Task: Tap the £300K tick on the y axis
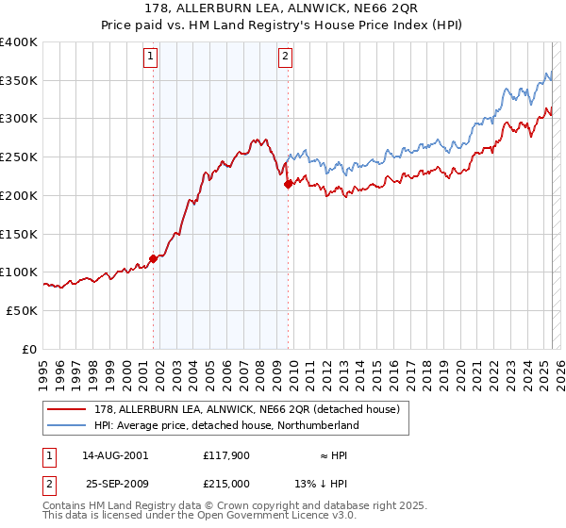19,119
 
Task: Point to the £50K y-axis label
22,310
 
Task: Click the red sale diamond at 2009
288,185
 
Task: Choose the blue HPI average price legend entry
225,425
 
